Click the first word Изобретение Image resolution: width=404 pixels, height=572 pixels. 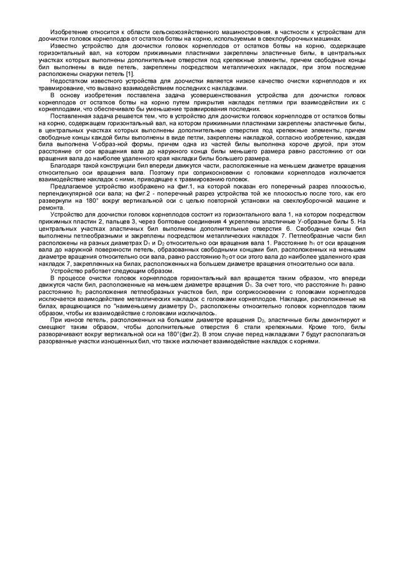coord(68,34)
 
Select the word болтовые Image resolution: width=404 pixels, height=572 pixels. coord(177,222)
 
